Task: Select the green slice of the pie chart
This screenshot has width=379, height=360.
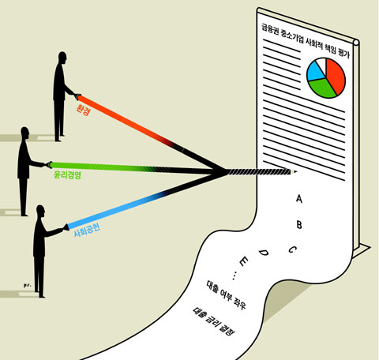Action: (x=322, y=88)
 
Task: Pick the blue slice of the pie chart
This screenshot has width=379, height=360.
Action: (x=315, y=72)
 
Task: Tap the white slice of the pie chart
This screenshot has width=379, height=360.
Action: (x=321, y=63)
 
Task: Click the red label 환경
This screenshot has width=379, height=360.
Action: (x=83, y=110)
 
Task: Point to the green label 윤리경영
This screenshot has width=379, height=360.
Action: (x=67, y=175)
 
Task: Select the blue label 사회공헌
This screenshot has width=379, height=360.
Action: (x=87, y=231)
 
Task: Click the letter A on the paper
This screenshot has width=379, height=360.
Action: (x=299, y=199)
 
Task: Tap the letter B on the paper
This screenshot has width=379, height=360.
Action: (x=299, y=225)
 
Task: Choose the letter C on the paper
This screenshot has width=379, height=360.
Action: (x=293, y=249)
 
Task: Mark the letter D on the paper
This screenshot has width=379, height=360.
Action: (x=263, y=253)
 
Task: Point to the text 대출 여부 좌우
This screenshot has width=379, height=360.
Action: (x=226, y=294)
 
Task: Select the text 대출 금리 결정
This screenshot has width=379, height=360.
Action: (x=213, y=321)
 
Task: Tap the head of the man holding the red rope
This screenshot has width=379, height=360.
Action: (x=62, y=58)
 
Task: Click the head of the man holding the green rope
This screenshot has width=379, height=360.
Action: (x=24, y=133)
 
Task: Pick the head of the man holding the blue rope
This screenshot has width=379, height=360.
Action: (x=40, y=211)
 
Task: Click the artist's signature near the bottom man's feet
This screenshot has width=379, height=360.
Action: (x=28, y=285)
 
